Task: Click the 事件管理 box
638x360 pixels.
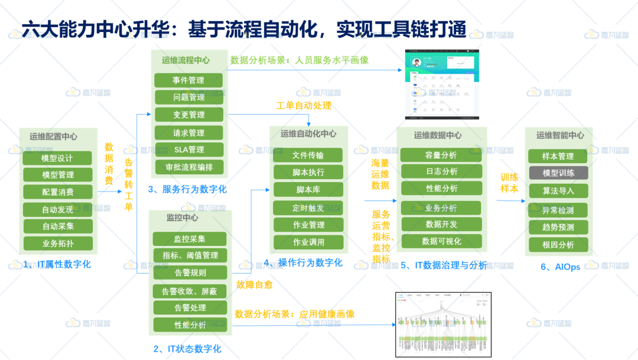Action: [x=188, y=80]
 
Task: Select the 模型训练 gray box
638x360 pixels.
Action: [x=558, y=173]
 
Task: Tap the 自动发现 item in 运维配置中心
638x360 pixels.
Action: [x=58, y=209]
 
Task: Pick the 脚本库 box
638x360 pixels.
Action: [x=308, y=190]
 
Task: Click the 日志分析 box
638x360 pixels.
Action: [x=441, y=171]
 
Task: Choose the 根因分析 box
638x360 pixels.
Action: [x=558, y=244]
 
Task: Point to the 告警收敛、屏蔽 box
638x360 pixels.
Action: [x=190, y=291]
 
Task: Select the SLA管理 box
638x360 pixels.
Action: [x=189, y=150]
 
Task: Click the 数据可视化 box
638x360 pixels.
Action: [x=441, y=241]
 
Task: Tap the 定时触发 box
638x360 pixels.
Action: [x=308, y=208]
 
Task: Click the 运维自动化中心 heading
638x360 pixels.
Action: [x=308, y=134]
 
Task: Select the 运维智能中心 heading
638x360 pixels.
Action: [x=559, y=135]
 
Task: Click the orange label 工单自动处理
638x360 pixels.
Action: [x=304, y=106]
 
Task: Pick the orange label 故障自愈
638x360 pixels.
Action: [x=254, y=285]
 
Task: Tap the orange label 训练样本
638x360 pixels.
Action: [x=509, y=183]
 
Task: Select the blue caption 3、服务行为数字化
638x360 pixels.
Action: [x=187, y=190]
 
